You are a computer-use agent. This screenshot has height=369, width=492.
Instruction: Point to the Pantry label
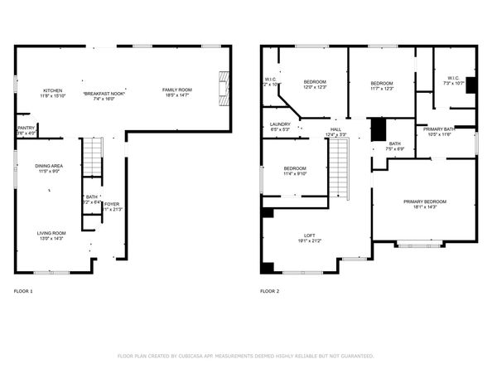point(26,128)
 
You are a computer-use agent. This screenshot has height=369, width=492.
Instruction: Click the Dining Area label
point(49,167)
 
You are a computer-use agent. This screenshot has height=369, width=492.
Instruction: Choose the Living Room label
point(51,233)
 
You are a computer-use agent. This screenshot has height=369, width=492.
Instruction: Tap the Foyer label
point(111,204)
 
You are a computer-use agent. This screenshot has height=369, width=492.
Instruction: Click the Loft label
point(310,235)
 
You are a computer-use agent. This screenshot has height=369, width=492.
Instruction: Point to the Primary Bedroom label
point(424,201)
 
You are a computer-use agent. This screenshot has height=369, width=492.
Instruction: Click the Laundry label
point(280,124)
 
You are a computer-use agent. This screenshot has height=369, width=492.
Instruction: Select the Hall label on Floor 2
point(335,129)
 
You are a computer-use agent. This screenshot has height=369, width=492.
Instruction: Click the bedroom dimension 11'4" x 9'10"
point(295,174)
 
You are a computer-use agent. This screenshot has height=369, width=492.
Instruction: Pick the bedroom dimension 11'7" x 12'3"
point(381,88)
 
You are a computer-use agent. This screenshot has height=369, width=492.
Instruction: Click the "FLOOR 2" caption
point(270,291)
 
